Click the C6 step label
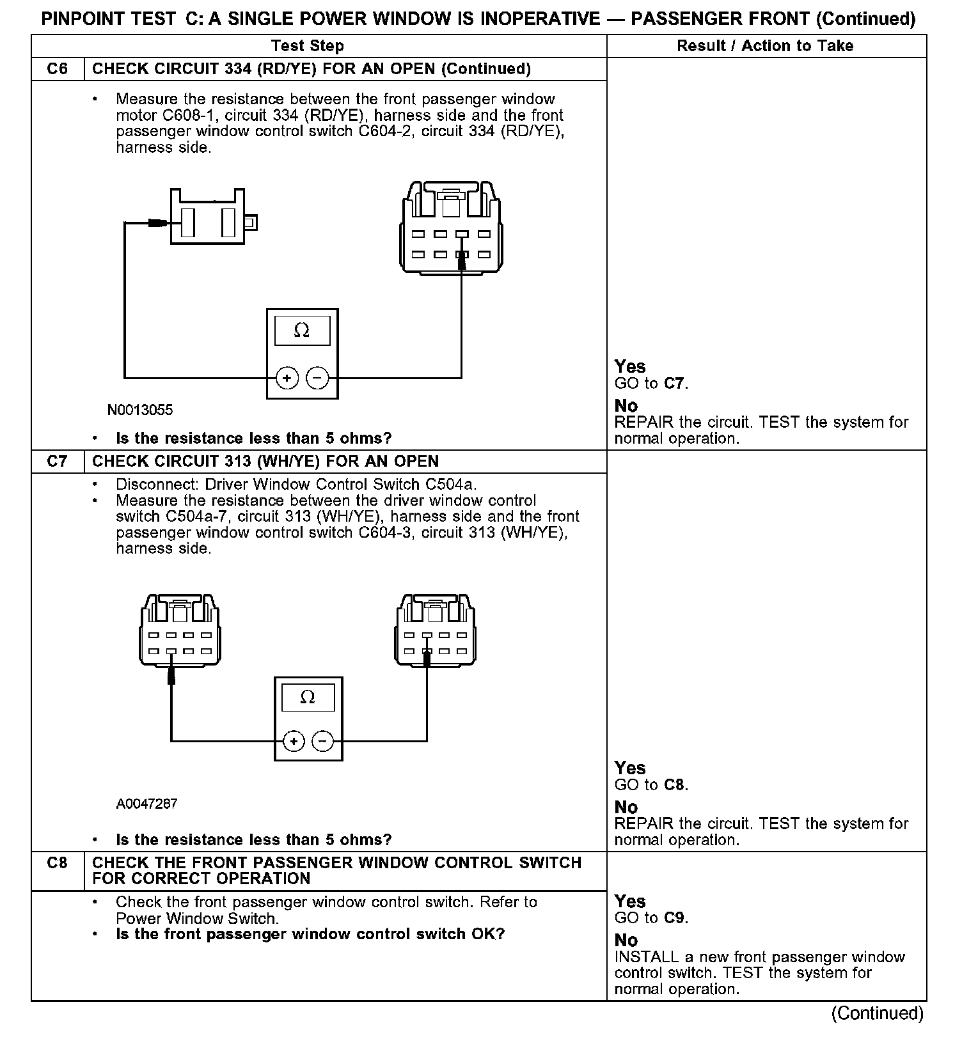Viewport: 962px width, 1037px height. click(58, 69)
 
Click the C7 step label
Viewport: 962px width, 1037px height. click(58, 462)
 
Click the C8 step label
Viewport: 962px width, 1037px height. click(58, 862)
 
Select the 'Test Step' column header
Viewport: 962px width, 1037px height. click(308, 46)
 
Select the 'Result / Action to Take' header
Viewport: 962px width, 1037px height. click(765, 46)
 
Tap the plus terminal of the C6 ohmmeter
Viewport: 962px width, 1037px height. click(287, 378)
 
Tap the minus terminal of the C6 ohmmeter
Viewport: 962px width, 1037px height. click(317, 378)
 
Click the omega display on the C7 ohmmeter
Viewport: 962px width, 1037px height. click(308, 698)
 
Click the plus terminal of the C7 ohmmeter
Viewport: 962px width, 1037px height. click(294, 742)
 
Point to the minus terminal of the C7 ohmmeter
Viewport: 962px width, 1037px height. click(323, 742)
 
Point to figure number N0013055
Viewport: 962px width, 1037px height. click(140, 410)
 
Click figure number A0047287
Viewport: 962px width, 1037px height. click(146, 804)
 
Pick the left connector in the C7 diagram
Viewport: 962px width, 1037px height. click(180, 630)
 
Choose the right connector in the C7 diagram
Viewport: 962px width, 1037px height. click(436, 630)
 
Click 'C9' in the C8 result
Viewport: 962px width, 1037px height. click(675, 918)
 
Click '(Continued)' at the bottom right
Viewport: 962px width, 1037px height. click(878, 1013)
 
